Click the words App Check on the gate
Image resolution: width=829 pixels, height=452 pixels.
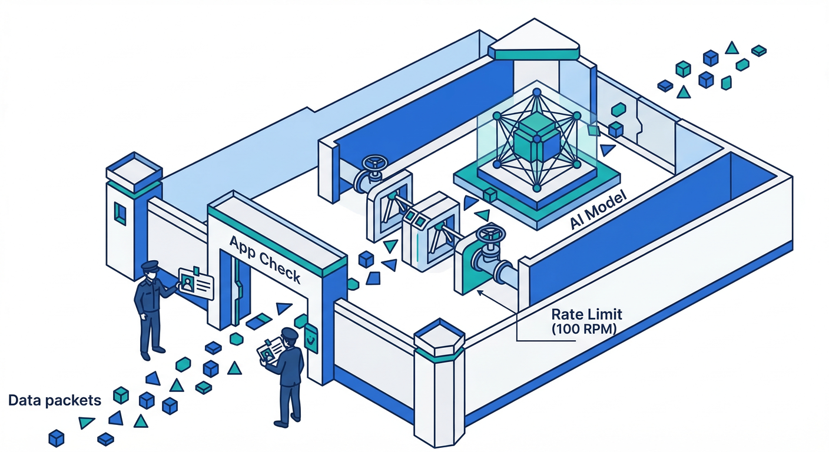(264, 259)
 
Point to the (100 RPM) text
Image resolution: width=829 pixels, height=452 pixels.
(584, 330)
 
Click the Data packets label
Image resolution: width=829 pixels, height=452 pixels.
(55, 401)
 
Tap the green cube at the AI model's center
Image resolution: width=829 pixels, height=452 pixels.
(535, 142)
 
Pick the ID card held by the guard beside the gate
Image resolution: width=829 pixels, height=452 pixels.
(195, 282)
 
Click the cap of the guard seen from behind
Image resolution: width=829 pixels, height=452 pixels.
(289, 334)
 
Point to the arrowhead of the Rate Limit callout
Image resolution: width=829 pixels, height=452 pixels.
(480, 290)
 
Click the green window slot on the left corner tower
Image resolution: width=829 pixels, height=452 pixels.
(120, 212)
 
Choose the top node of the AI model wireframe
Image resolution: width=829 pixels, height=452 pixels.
(536, 92)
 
